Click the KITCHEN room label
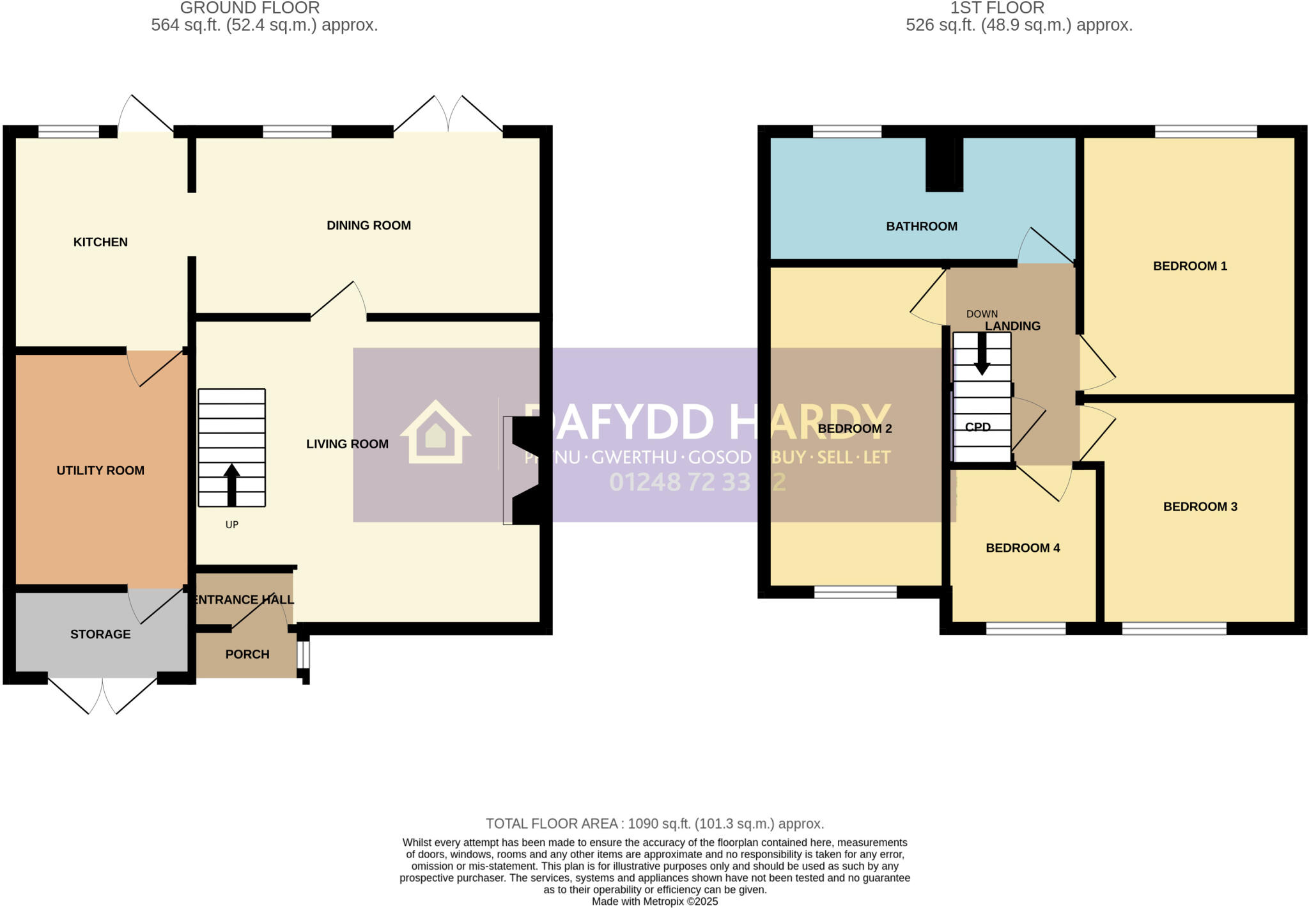click(100, 242)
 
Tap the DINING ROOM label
click(368, 225)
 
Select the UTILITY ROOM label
click(100, 471)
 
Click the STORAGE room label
click(100, 634)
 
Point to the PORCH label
click(247, 654)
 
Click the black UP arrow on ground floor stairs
click(231, 485)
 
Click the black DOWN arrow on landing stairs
click(982, 354)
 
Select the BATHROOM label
click(921, 226)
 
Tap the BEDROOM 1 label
click(1189, 266)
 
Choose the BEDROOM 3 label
click(1200, 506)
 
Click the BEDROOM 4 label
click(1023, 548)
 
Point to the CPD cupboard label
click(977, 427)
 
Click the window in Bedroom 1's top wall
click(1205, 132)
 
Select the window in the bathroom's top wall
click(847, 132)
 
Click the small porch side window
click(304, 654)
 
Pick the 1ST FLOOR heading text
click(996, 8)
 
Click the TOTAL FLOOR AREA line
click(654, 824)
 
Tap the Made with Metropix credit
click(654, 902)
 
